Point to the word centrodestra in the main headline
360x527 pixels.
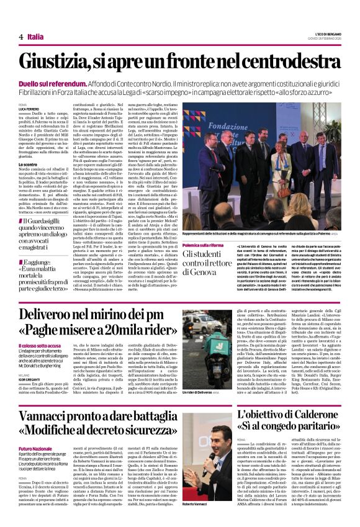click(285, 61)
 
